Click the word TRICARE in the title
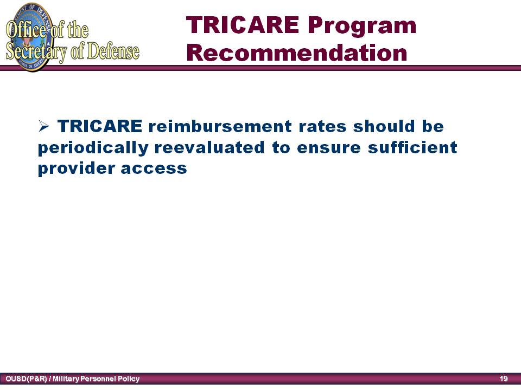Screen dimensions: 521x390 [x=243, y=25]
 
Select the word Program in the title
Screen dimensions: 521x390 [x=362, y=27]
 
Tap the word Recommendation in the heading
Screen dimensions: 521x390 [x=297, y=53]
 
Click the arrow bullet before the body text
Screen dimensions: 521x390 [x=43, y=126]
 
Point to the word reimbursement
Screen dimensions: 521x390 [x=220, y=126]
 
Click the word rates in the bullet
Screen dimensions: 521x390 [x=322, y=127]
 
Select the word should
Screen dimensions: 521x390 [x=384, y=126]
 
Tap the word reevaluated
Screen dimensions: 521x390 [x=209, y=147]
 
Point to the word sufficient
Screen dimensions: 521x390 [x=412, y=147]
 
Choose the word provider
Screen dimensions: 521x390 [x=76, y=168]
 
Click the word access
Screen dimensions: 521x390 [x=154, y=169]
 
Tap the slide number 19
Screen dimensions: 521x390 [x=504, y=379]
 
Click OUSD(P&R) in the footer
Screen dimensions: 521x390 [x=26, y=379]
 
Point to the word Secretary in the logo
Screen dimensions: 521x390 [x=36, y=53]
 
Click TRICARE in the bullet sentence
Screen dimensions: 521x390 [x=100, y=126]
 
